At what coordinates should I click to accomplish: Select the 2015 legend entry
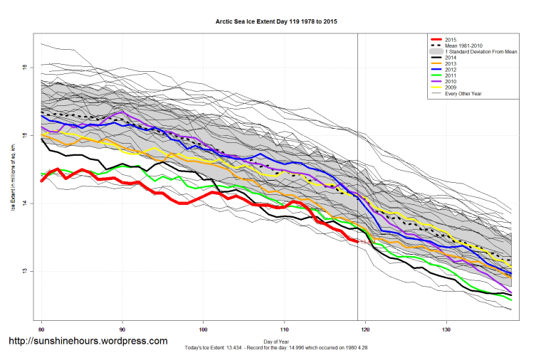coord(449,39)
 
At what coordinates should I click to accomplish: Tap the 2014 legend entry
coord(449,60)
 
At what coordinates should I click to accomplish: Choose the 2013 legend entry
coord(449,66)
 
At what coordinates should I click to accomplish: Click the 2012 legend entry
coord(449,73)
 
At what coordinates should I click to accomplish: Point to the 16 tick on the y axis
coord(24,68)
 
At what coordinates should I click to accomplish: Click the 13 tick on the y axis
coord(24,272)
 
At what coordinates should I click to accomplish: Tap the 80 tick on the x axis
coord(42,330)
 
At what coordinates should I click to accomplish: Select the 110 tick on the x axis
coord(285,330)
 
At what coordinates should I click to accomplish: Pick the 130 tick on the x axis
coord(446,330)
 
